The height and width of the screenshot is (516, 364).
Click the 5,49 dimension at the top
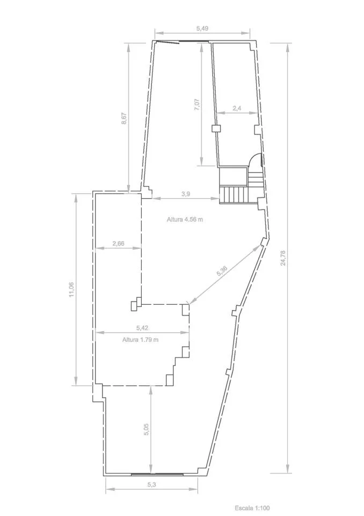click(x=202, y=28)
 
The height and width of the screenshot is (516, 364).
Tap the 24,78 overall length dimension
click(x=283, y=258)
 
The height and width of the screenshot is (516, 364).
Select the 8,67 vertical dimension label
click(x=124, y=118)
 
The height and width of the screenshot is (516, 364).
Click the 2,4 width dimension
click(x=237, y=108)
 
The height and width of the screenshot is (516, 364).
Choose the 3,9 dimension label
click(x=186, y=194)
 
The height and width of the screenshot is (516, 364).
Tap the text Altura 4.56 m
click(x=185, y=219)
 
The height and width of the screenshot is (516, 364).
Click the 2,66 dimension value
click(x=118, y=243)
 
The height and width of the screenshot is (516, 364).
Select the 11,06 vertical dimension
click(x=71, y=290)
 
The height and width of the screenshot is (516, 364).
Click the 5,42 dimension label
click(x=142, y=328)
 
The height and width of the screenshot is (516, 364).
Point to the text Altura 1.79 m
click(x=141, y=340)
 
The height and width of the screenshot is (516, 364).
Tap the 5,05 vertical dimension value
click(x=147, y=429)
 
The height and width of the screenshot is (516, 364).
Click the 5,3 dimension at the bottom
click(x=151, y=484)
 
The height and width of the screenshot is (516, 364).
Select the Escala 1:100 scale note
click(x=252, y=508)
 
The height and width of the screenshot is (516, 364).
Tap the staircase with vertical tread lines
click(x=233, y=195)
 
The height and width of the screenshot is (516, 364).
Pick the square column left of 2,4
click(x=215, y=128)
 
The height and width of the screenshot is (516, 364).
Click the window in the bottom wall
click(x=157, y=474)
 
